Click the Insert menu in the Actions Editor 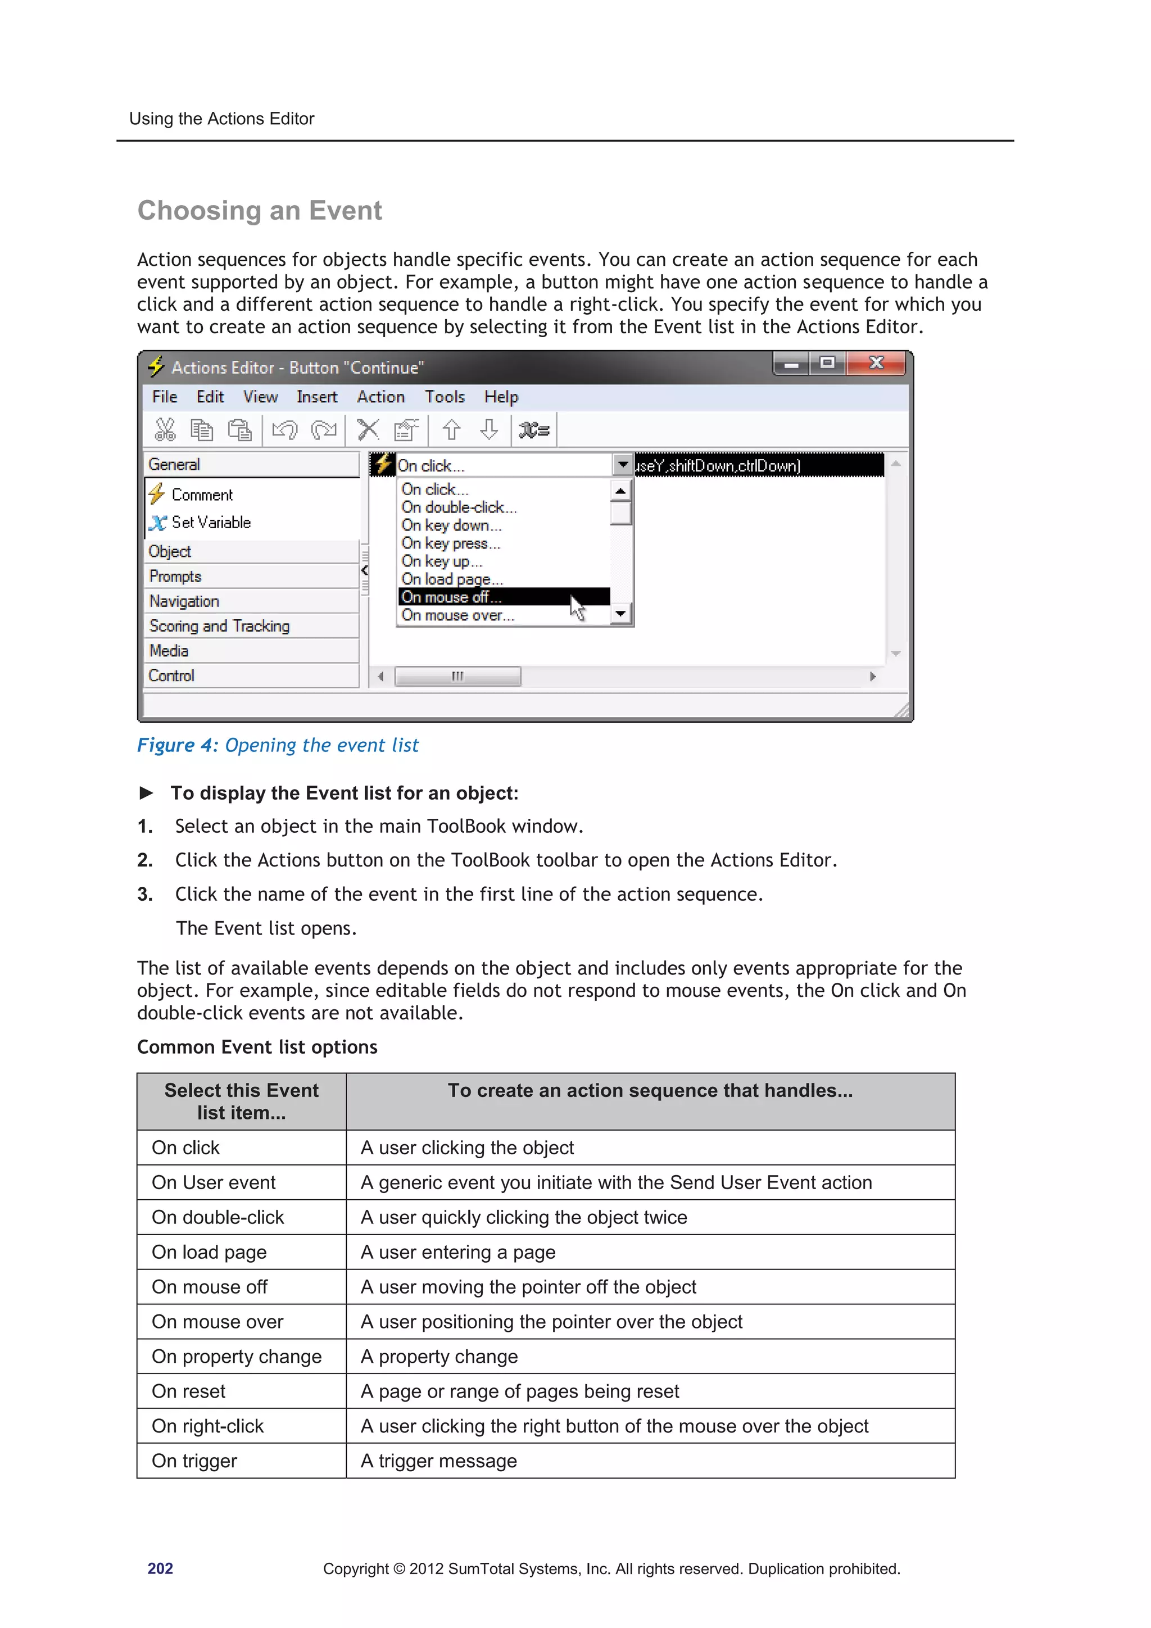pyautogui.click(x=316, y=397)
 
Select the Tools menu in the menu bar pyautogui.click(x=444, y=397)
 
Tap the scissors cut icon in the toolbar pyautogui.click(x=165, y=430)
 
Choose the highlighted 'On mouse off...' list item pyautogui.click(x=451, y=597)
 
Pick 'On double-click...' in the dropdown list pyautogui.click(x=459, y=507)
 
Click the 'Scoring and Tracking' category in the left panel pyautogui.click(x=219, y=626)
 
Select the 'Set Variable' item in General pyautogui.click(x=211, y=523)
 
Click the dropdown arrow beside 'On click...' pyautogui.click(x=622, y=465)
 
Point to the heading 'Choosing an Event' pyautogui.click(x=260, y=211)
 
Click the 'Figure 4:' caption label pyautogui.click(x=177, y=745)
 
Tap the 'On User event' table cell pyautogui.click(x=214, y=1183)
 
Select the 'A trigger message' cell pyautogui.click(x=438, y=1461)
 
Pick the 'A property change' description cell pyautogui.click(x=439, y=1357)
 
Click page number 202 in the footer pyautogui.click(x=160, y=1569)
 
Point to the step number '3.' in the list pyautogui.click(x=144, y=895)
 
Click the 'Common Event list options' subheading pyautogui.click(x=257, y=1047)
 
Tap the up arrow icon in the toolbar pyautogui.click(x=451, y=430)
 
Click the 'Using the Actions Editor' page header pyautogui.click(x=221, y=119)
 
